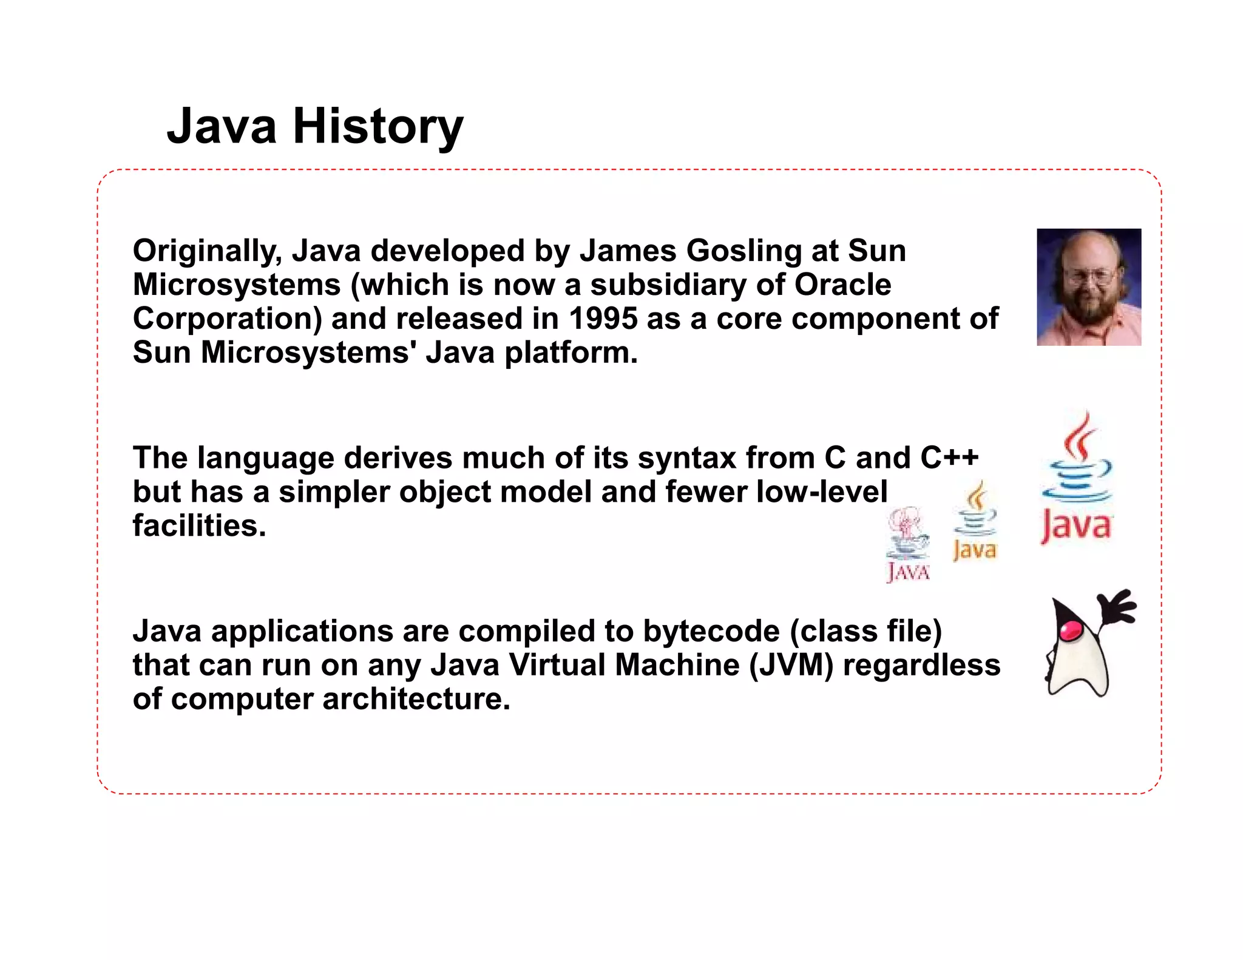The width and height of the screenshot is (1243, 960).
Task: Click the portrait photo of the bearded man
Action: point(1088,287)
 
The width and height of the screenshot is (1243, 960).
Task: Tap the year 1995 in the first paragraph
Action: point(603,319)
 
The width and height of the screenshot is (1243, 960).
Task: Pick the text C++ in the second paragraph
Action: point(949,458)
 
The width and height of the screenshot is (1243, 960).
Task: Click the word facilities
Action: point(199,526)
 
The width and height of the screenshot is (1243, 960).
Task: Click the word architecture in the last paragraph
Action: point(416,699)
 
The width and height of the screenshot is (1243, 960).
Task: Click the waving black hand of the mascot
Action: point(1116,607)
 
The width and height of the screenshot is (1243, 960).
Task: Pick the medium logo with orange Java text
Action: point(975,522)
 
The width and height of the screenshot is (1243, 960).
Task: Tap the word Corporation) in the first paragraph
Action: point(227,319)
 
